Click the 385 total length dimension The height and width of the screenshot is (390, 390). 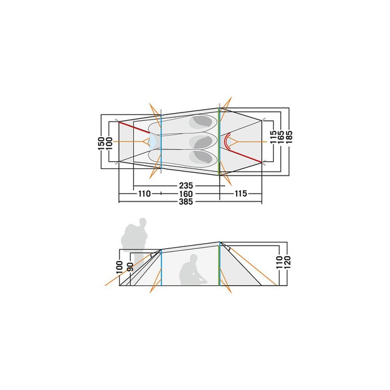186,201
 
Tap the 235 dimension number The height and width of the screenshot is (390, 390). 186,185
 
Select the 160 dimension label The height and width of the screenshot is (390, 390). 186,194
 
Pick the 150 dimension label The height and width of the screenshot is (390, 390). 101,143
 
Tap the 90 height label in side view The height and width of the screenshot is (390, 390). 130,266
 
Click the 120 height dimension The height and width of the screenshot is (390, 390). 287,262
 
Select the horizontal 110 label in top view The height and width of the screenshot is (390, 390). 144,194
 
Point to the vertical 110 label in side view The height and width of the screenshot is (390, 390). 279,262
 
